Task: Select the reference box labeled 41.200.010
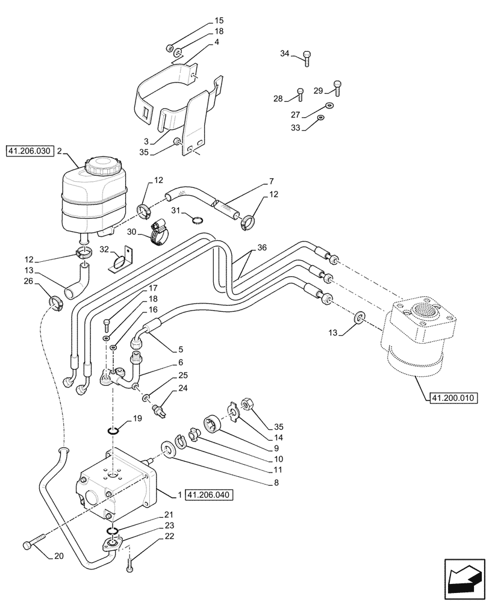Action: point(453,398)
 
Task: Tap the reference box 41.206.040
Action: point(208,495)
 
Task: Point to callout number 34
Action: point(285,54)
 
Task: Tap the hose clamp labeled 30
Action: point(158,233)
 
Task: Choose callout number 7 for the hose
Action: point(272,180)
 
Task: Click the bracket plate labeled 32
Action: point(122,260)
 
